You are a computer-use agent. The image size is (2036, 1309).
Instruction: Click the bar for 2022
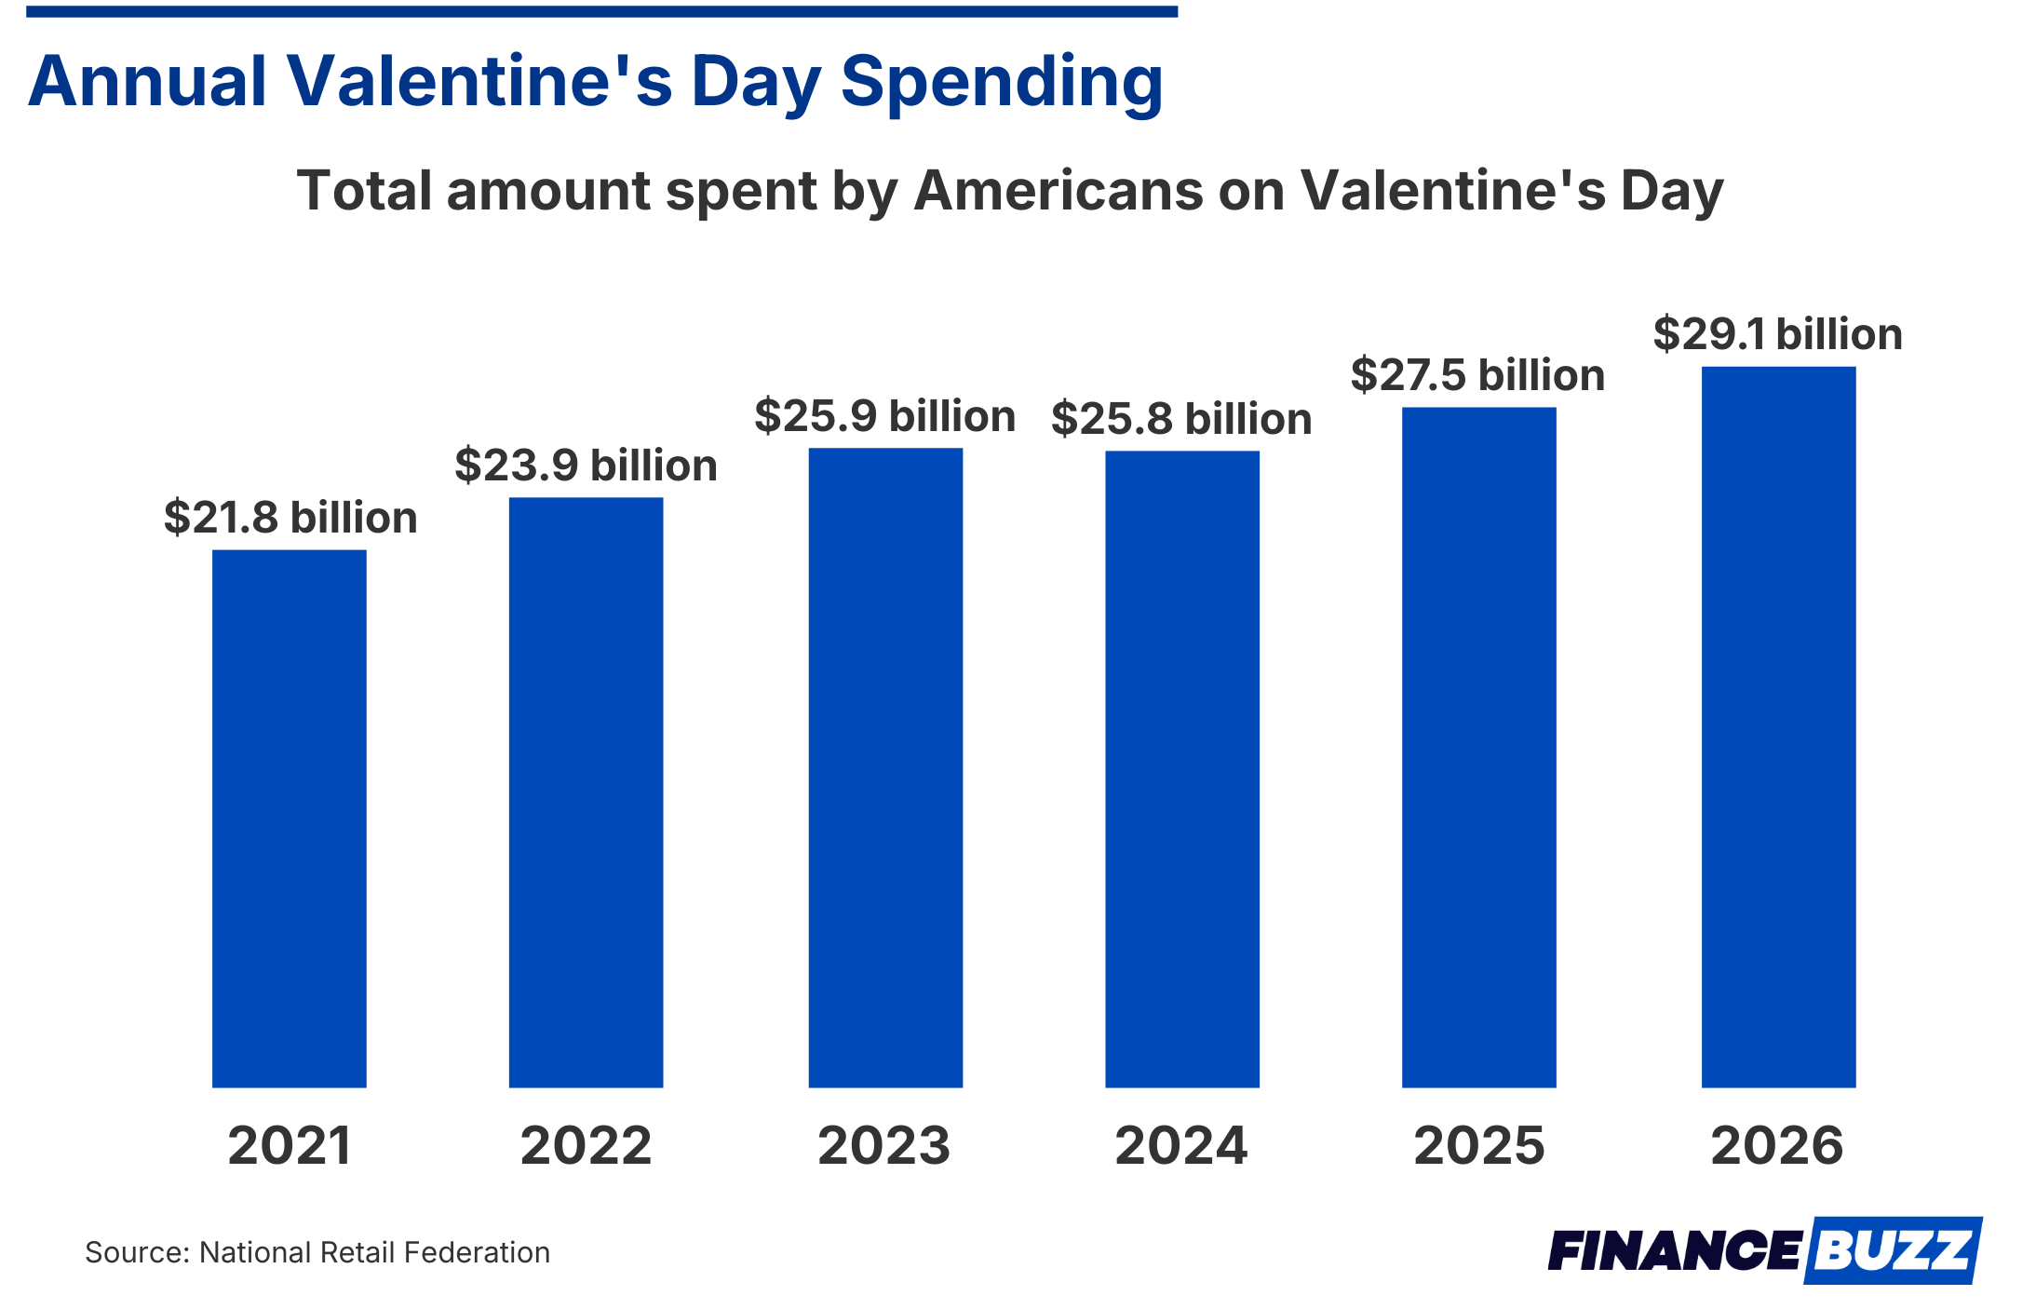coord(586,791)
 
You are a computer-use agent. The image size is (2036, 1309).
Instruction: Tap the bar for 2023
coord(884,767)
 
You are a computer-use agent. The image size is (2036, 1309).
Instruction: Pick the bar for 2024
coord(1181,768)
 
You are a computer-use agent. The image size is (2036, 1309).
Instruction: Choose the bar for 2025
coord(1478,747)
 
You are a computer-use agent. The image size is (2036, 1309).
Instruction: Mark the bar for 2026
coord(1778,726)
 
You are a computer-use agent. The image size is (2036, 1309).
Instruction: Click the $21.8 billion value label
coord(290,518)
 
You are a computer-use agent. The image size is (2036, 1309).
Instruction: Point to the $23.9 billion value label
coord(586,466)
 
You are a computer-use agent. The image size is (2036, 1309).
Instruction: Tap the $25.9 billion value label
coord(884,416)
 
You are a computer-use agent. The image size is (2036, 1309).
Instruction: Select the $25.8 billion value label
coord(1181,419)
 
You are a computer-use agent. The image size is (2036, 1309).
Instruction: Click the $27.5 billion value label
coord(1477,375)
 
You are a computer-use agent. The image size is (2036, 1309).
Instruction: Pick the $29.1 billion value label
coord(1777,334)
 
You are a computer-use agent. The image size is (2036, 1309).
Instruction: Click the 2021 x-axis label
coord(290,1145)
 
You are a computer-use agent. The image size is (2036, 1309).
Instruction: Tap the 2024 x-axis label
coord(1181,1145)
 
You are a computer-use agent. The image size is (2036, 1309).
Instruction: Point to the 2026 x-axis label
coord(1777,1145)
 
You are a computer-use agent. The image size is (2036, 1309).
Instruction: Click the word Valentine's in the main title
coord(479,82)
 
